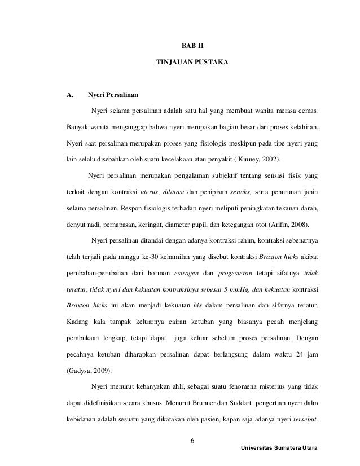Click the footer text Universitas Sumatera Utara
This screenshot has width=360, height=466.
[279, 447]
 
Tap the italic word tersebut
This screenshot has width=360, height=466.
[301, 420]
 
